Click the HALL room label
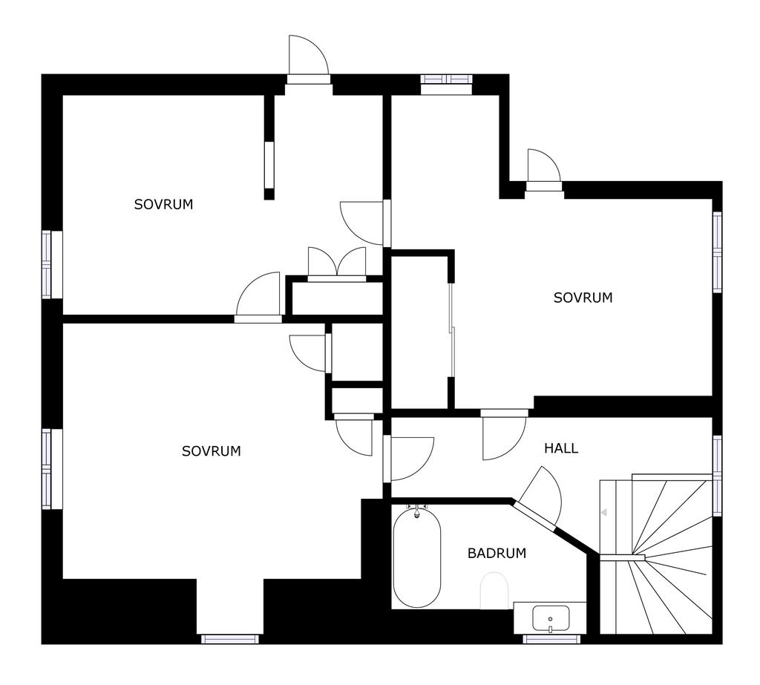pos(561,448)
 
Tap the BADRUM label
pos(497,553)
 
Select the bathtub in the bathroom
pos(417,557)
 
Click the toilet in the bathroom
pos(494,591)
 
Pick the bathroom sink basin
pos(551,618)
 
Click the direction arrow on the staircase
pos(604,512)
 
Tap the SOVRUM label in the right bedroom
pos(583,298)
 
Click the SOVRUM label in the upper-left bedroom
pos(163,205)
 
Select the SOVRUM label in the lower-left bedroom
pos(212,451)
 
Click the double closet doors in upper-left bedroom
pos(337,264)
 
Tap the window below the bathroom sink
pos(551,640)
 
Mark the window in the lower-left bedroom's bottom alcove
pos(230,640)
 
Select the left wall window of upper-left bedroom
pos(47,265)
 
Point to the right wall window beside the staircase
pos(718,476)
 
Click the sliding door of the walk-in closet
pos(452,330)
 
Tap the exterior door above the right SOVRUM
pos(544,170)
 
